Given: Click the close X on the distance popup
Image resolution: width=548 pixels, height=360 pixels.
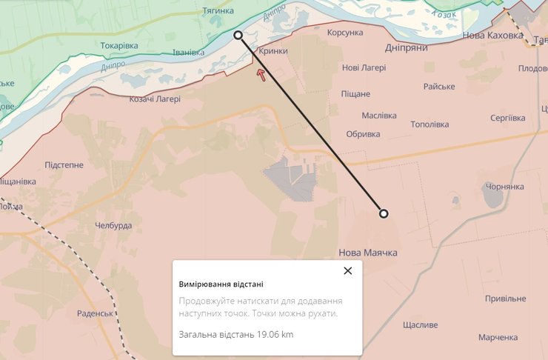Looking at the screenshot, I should (348, 270).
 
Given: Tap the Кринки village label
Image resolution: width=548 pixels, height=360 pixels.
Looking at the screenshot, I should (273, 51).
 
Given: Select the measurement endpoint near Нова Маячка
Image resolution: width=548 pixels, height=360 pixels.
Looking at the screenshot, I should (384, 213).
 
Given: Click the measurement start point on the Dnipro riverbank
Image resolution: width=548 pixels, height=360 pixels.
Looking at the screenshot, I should (238, 35).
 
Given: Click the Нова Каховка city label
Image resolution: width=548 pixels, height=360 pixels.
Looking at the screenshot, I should (492, 35).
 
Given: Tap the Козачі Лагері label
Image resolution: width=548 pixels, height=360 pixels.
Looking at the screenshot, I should (155, 99).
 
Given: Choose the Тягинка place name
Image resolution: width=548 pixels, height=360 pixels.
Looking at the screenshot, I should (218, 11).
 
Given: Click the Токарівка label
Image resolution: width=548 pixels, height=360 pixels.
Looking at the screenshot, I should (119, 46).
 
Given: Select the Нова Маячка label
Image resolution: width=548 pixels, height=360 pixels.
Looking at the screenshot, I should (368, 253).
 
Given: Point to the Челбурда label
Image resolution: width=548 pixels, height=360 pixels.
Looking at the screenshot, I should (113, 225).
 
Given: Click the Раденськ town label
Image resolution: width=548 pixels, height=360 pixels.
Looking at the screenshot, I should (94, 313).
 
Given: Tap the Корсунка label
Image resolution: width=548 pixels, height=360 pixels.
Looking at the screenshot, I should (345, 33).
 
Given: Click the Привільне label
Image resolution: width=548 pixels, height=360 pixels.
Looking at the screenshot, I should (505, 298).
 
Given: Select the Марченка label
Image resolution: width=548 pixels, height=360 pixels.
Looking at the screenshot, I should (498, 337).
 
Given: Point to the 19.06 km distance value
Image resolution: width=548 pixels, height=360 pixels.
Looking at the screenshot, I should (275, 334).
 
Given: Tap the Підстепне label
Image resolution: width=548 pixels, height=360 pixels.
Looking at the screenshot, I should (64, 164).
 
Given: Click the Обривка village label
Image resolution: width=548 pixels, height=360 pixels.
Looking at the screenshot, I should (363, 134).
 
